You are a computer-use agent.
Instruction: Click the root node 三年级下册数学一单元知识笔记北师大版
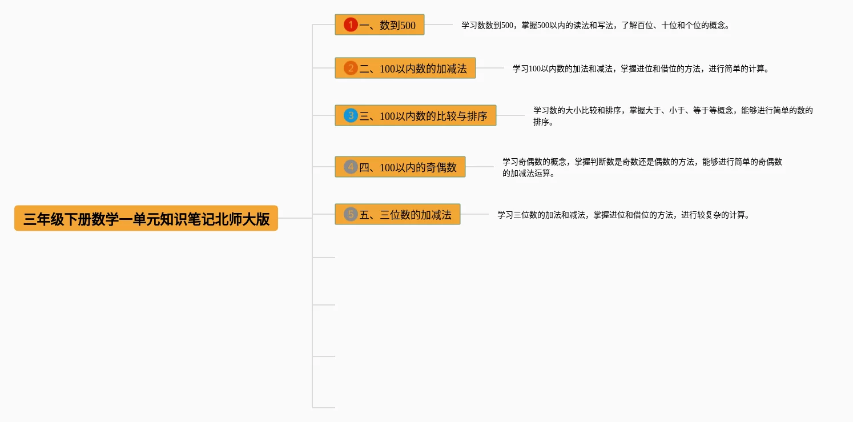tap(146, 219)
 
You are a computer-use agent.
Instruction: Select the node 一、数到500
tap(380, 25)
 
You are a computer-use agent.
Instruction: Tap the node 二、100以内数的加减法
tap(405, 69)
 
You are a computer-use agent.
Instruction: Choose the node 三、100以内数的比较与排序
tap(416, 116)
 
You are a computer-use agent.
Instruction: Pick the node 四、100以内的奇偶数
tap(400, 167)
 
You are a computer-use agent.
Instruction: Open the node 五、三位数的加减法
tap(397, 215)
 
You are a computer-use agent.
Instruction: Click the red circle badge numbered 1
tap(351, 25)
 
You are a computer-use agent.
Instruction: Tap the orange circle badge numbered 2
tap(351, 69)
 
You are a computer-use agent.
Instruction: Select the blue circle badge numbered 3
tap(351, 116)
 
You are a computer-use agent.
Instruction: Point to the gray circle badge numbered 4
tap(351, 167)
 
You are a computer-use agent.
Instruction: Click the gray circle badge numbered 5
tap(351, 215)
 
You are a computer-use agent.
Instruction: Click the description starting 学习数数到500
tap(596, 26)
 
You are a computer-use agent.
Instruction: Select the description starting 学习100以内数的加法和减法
tap(641, 69)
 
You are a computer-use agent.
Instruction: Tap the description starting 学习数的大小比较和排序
tap(673, 116)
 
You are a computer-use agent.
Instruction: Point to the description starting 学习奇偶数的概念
tap(642, 167)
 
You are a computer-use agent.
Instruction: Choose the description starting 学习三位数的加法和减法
tap(623, 215)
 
